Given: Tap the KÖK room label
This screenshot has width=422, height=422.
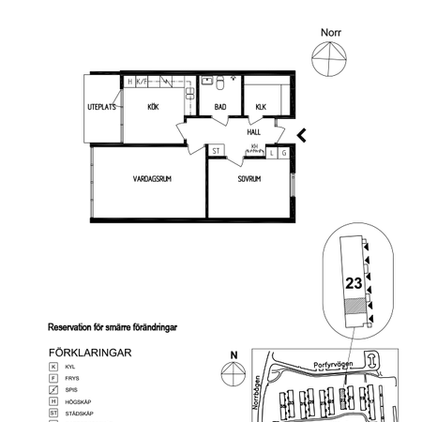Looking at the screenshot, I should tap(152, 107).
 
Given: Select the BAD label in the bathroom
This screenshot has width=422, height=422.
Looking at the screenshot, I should tap(220, 107).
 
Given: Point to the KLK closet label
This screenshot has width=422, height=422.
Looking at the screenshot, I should tap(261, 107).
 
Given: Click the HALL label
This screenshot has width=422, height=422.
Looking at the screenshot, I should tap(254, 132).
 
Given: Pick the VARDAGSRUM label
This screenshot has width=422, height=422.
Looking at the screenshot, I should tap(150, 178).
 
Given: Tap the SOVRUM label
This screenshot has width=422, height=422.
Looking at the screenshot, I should tap(249, 178).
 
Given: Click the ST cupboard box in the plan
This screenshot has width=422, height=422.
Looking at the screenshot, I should tap(216, 150).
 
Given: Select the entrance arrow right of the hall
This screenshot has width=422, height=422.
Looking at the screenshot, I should tap(300, 136).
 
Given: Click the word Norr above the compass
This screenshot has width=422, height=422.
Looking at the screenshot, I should tap(331, 32).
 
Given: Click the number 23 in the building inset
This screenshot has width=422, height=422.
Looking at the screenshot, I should tap(354, 281).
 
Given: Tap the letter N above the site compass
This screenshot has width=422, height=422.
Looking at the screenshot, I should tap(234, 354).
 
